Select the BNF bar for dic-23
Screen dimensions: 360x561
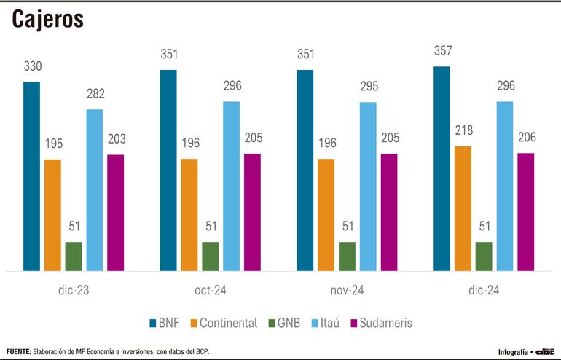tap(32, 176)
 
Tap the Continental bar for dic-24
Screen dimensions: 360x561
tap(463, 208)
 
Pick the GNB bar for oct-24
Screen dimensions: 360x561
tap(211, 256)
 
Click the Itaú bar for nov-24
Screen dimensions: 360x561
tap(368, 187)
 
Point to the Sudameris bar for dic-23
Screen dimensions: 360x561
tap(116, 213)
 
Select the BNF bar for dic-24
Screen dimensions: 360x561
tap(442, 169)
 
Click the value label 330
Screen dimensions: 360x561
tap(32, 66)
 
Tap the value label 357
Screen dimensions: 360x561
tap(442, 52)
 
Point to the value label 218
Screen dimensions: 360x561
tap(463, 131)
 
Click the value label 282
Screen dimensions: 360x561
tap(95, 94)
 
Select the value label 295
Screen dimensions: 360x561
tap(368, 87)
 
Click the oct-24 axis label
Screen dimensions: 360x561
tap(211, 291)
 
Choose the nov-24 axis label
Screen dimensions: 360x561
tap(348, 291)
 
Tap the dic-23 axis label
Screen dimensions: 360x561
tap(74, 291)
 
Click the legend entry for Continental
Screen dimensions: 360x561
tap(222, 323)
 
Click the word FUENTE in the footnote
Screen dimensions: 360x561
tap(18, 351)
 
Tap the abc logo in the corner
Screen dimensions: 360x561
tap(544, 351)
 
